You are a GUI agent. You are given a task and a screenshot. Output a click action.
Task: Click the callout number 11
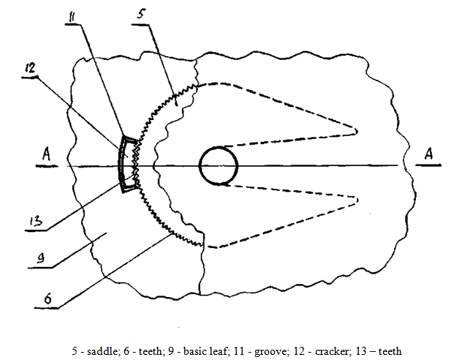(71, 17)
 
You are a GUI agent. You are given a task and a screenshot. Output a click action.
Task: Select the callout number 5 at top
(141, 14)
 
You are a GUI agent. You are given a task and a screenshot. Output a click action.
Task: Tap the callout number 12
(30, 68)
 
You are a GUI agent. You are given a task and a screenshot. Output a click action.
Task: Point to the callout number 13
(36, 222)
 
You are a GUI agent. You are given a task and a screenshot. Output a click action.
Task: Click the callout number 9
(41, 258)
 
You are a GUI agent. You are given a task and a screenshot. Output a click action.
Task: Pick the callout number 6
(48, 299)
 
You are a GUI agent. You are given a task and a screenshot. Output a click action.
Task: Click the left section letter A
(46, 154)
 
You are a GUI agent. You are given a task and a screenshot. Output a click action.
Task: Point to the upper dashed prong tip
(357, 131)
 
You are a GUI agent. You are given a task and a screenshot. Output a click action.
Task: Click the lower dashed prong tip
(357, 200)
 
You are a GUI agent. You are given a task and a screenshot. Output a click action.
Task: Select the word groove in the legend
(272, 352)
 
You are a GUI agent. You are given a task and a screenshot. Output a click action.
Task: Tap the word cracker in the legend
(332, 351)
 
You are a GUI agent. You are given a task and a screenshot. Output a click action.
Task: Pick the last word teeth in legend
(390, 351)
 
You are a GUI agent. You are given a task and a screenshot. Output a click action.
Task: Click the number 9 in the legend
(171, 351)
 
